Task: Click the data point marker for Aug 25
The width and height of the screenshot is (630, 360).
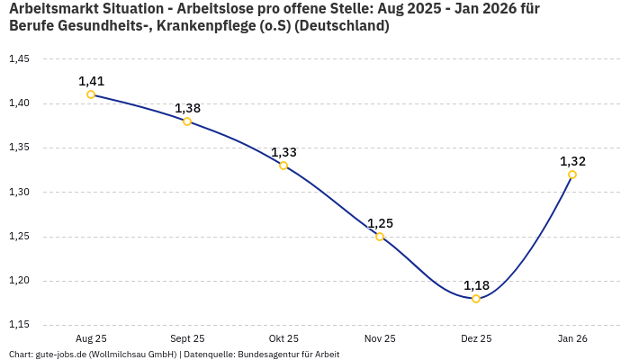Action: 91,94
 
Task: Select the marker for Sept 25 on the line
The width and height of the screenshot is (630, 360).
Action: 187,121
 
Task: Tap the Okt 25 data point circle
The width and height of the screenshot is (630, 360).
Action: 283,166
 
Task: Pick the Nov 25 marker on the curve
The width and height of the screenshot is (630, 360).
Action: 380,237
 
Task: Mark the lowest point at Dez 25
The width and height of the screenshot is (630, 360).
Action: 476,299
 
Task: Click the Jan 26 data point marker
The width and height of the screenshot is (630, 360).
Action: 572,175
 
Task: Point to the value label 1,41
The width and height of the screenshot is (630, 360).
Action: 91,81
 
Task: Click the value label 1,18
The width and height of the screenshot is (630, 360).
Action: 476,285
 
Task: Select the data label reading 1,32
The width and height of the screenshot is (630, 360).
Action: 572,161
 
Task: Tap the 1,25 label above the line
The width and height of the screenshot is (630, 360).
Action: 380,223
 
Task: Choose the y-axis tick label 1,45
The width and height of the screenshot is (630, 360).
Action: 19,59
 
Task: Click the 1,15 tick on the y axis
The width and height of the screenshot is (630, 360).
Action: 19,325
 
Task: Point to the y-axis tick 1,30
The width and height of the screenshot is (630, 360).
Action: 19,193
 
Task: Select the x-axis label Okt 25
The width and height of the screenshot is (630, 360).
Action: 283,338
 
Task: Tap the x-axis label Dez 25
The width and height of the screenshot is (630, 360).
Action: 476,338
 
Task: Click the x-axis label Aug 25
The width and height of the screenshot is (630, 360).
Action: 91,338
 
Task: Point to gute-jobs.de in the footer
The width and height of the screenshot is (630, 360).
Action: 61,355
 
